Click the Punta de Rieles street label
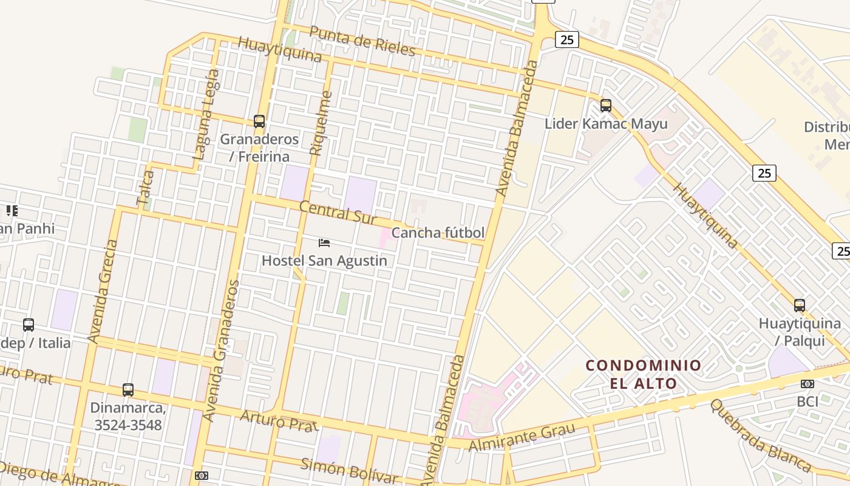[x=362, y=41]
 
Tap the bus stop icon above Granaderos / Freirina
[x=259, y=122]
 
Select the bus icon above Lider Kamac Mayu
[x=605, y=106]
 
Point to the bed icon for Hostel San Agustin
[x=324, y=243]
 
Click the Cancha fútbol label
[x=438, y=233]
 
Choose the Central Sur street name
[x=338, y=212]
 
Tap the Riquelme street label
[x=321, y=123]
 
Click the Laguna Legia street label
[x=206, y=114]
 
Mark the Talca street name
[x=146, y=188]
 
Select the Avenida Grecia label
[x=102, y=291]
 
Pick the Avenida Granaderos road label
[x=221, y=351]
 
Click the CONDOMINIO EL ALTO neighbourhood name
[x=643, y=374]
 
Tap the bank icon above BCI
[x=807, y=384]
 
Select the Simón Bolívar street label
[x=349, y=470]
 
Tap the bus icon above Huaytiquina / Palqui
[x=800, y=306]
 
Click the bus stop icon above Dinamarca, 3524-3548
[x=127, y=390]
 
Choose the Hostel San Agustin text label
[x=324, y=261]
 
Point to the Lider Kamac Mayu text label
[x=605, y=124]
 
